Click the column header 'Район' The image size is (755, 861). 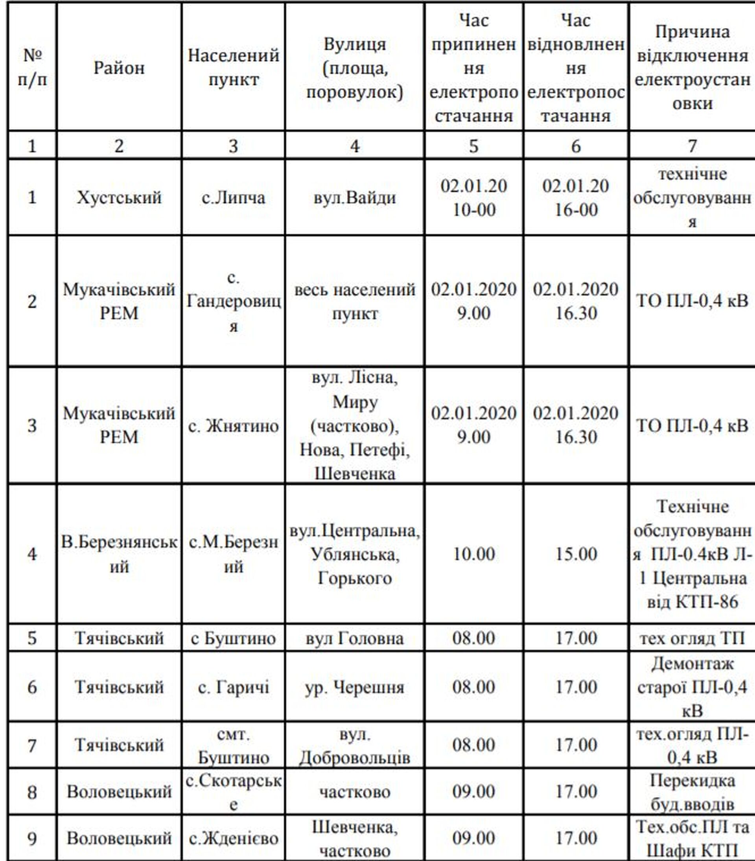point(119,67)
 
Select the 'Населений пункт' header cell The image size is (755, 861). point(233,67)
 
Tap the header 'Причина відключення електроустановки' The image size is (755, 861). point(692,67)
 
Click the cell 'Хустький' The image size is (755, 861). point(119,197)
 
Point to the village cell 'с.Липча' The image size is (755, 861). point(233,197)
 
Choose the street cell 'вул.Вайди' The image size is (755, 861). point(355,197)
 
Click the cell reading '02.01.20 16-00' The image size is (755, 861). point(576,197)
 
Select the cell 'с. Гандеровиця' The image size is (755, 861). point(233,301)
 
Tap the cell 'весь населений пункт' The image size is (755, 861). point(355,301)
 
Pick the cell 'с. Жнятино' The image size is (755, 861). point(233,426)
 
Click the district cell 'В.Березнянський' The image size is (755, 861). point(119,554)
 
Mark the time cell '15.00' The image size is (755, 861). point(576,554)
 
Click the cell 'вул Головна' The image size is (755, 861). point(355,638)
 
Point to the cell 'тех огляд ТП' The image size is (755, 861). point(692,638)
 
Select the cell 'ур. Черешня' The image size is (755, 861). point(355,688)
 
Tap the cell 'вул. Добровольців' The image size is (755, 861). point(355,746)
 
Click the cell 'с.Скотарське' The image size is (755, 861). point(233,792)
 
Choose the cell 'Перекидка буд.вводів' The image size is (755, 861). point(692,792)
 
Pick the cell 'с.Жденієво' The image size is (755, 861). point(233,838)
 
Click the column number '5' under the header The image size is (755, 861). point(474,146)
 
